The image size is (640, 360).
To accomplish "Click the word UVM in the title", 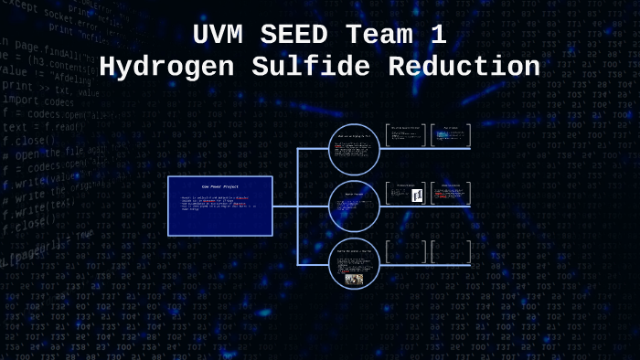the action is (219, 37).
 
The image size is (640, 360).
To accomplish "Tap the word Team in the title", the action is (380, 37).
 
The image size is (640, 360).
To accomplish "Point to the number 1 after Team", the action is (439, 37).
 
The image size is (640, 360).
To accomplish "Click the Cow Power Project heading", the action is (219, 186).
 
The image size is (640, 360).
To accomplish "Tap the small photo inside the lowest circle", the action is (354, 279).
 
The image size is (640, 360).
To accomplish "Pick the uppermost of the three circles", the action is (354, 149).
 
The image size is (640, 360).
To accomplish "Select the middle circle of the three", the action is (354, 206).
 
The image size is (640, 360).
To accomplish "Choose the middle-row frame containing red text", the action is (451, 194).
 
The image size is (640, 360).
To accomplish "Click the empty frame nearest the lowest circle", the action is (405, 252).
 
